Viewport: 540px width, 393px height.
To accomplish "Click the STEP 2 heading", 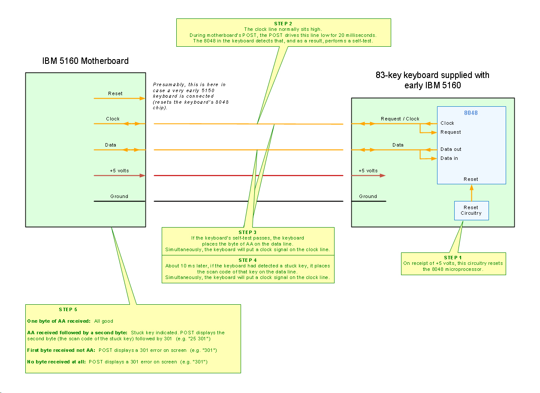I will point(283,23).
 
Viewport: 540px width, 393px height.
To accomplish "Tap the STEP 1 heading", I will point(453,258).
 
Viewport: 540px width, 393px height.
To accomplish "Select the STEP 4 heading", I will point(247,260).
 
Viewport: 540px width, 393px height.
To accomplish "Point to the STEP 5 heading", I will point(68,309).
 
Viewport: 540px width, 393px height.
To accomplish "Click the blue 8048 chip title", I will point(471,113).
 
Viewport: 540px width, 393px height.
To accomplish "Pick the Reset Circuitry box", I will point(471,210).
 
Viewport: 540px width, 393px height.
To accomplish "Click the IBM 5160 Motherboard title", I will point(85,61).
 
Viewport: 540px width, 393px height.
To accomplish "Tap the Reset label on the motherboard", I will point(115,93).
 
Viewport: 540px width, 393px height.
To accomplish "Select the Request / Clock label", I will point(400,119).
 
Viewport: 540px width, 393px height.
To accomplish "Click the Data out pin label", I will point(451,150).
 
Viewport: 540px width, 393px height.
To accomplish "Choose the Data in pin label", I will point(449,159).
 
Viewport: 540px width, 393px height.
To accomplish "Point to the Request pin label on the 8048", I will point(451,132).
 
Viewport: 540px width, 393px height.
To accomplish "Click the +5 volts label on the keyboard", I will point(368,171).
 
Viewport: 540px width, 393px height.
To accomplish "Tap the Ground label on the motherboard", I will point(119,196).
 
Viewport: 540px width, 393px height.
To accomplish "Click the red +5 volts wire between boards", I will point(248,175).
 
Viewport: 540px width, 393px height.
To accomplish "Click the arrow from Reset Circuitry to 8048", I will point(471,193).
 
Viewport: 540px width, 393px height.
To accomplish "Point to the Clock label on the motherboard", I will point(113,119).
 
